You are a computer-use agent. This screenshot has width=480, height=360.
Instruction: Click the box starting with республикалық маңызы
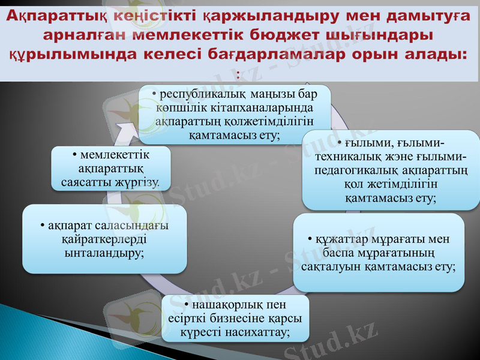pos(235,114)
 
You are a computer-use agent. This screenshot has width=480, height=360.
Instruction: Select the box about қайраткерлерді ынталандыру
pos(104,239)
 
